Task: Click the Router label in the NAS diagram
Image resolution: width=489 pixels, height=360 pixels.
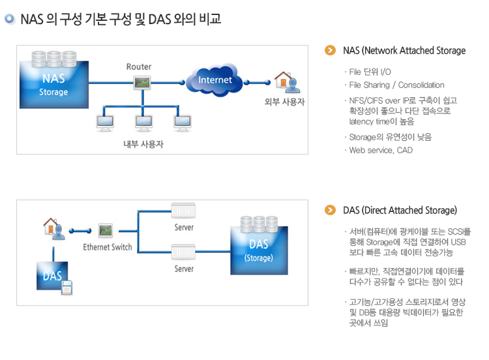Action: [138, 67]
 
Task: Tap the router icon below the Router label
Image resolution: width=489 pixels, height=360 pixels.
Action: [140, 83]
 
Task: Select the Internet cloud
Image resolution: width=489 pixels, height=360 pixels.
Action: [215, 81]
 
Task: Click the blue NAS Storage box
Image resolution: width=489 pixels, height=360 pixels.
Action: [53, 85]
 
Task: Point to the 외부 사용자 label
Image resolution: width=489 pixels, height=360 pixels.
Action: [284, 102]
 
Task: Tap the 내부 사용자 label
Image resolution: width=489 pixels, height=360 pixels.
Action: [143, 144]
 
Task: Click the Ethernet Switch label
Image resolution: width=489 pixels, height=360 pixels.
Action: [108, 247]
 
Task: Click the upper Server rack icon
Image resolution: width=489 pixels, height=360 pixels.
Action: [183, 211]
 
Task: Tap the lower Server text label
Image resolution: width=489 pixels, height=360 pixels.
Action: [184, 269]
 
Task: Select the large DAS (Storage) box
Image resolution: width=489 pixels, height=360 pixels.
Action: [258, 248]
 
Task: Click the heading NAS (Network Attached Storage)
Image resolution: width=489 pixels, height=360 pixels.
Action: [404, 51]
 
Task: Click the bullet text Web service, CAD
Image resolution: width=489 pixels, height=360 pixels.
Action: [381, 151]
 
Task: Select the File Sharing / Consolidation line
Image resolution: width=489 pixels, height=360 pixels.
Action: [396, 85]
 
